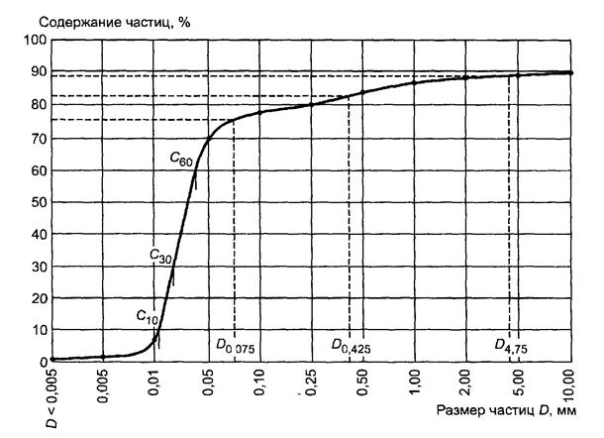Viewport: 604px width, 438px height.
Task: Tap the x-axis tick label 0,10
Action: [x=258, y=381]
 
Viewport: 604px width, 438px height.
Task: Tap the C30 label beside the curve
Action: [x=162, y=255]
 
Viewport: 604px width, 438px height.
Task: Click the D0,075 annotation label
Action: [x=236, y=346]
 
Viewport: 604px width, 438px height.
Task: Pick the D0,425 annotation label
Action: [x=352, y=346]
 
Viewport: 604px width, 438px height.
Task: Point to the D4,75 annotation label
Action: [x=511, y=346]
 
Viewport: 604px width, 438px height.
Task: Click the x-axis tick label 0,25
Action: [x=311, y=381]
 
